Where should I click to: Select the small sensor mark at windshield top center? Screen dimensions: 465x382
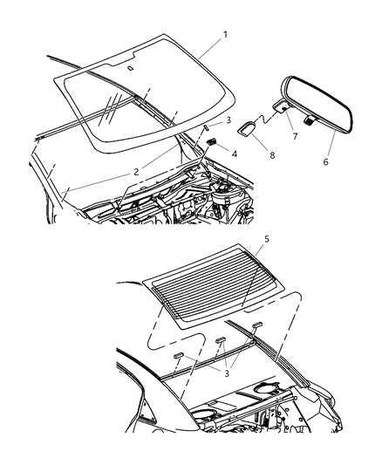pyautogui.click(x=129, y=67)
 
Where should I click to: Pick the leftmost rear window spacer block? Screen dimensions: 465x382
pyautogui.click(x=177, y=356)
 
